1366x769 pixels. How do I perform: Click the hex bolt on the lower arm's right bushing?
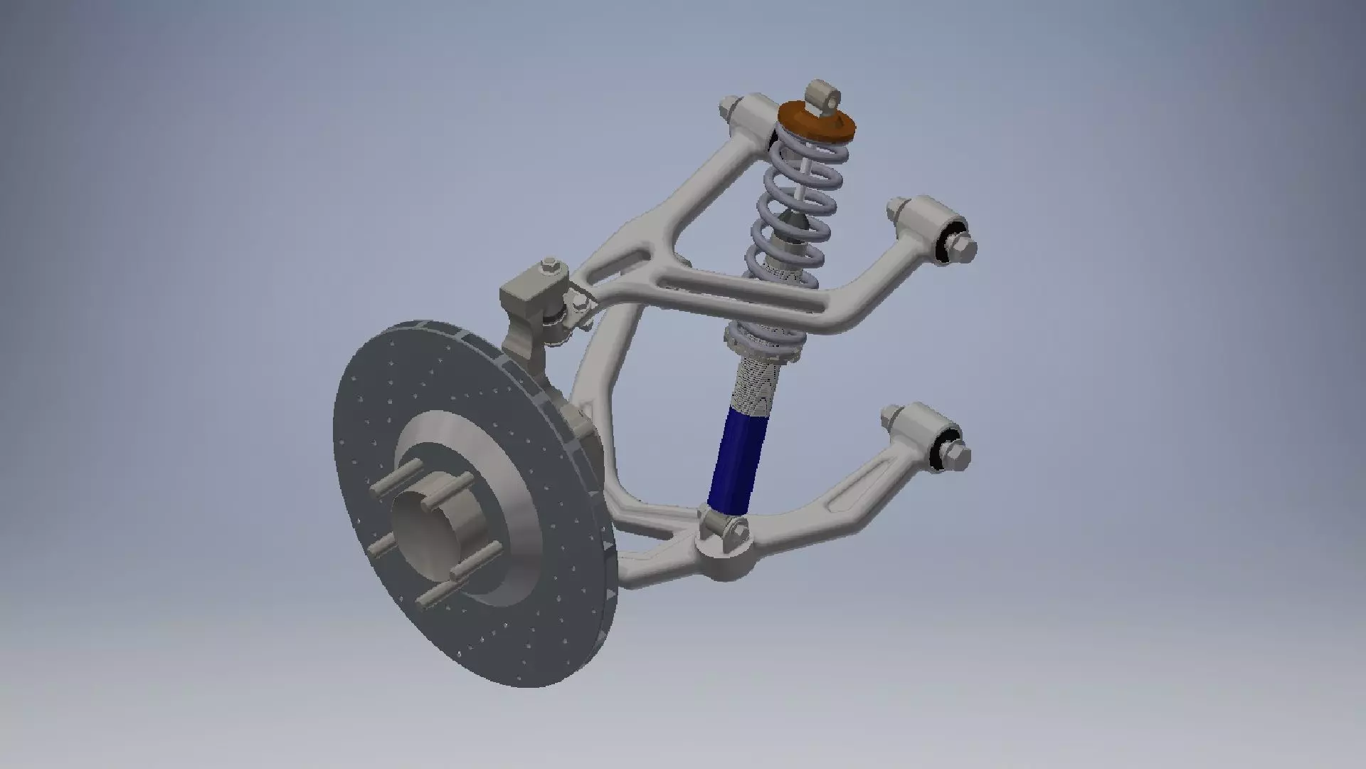tap(958, 454)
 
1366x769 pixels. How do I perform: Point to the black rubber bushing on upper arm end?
tap(948, 242)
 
